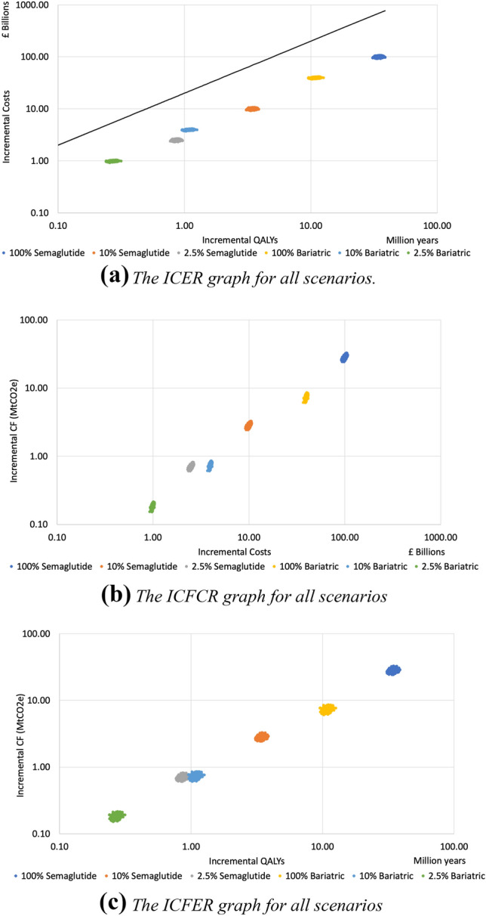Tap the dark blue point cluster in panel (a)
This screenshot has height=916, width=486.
[x=389, y=57]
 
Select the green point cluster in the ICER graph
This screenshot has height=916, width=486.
[x=113, y=161]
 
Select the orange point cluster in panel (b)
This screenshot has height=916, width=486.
[x=248, y=426]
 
